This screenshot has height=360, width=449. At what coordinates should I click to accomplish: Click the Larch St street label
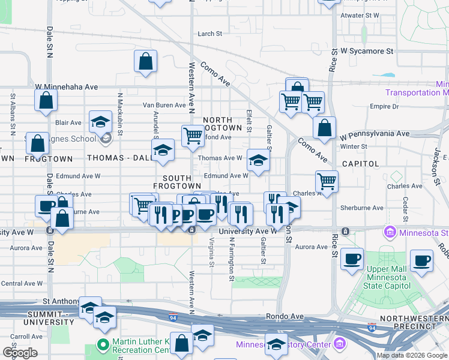pos(210,34)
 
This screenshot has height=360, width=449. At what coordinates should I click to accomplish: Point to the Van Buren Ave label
pos(164,105)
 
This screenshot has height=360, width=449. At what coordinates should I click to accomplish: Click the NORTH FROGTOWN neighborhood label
pos(222,124)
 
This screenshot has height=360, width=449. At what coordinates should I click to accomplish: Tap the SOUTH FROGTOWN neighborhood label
pos(177,183)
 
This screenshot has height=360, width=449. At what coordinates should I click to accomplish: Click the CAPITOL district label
pos(360,163)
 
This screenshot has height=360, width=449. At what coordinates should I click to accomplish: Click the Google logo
pos(19,352)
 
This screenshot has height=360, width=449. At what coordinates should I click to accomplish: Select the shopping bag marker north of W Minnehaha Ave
pos(146,61)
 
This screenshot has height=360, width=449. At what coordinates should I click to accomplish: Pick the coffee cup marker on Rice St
pos(352,259)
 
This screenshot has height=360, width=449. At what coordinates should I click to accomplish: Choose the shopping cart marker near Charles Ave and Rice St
pos(327,180)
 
